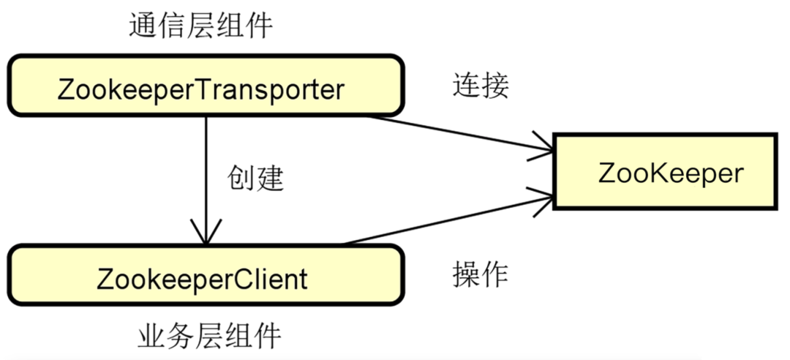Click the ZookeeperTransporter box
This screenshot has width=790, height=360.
(206, 86)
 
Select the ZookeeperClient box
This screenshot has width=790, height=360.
(206, 277)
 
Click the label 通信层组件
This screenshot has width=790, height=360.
(200, 26)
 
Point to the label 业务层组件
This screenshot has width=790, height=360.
(209, 337)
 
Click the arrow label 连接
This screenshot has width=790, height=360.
(480, 86)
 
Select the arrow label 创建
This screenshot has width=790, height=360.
(255, 178)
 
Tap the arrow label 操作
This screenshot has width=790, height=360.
(480, 274)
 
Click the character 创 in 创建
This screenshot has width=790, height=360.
(241, 178)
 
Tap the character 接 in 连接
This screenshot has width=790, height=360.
(494, 86)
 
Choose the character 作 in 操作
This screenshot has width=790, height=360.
(494, 274)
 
